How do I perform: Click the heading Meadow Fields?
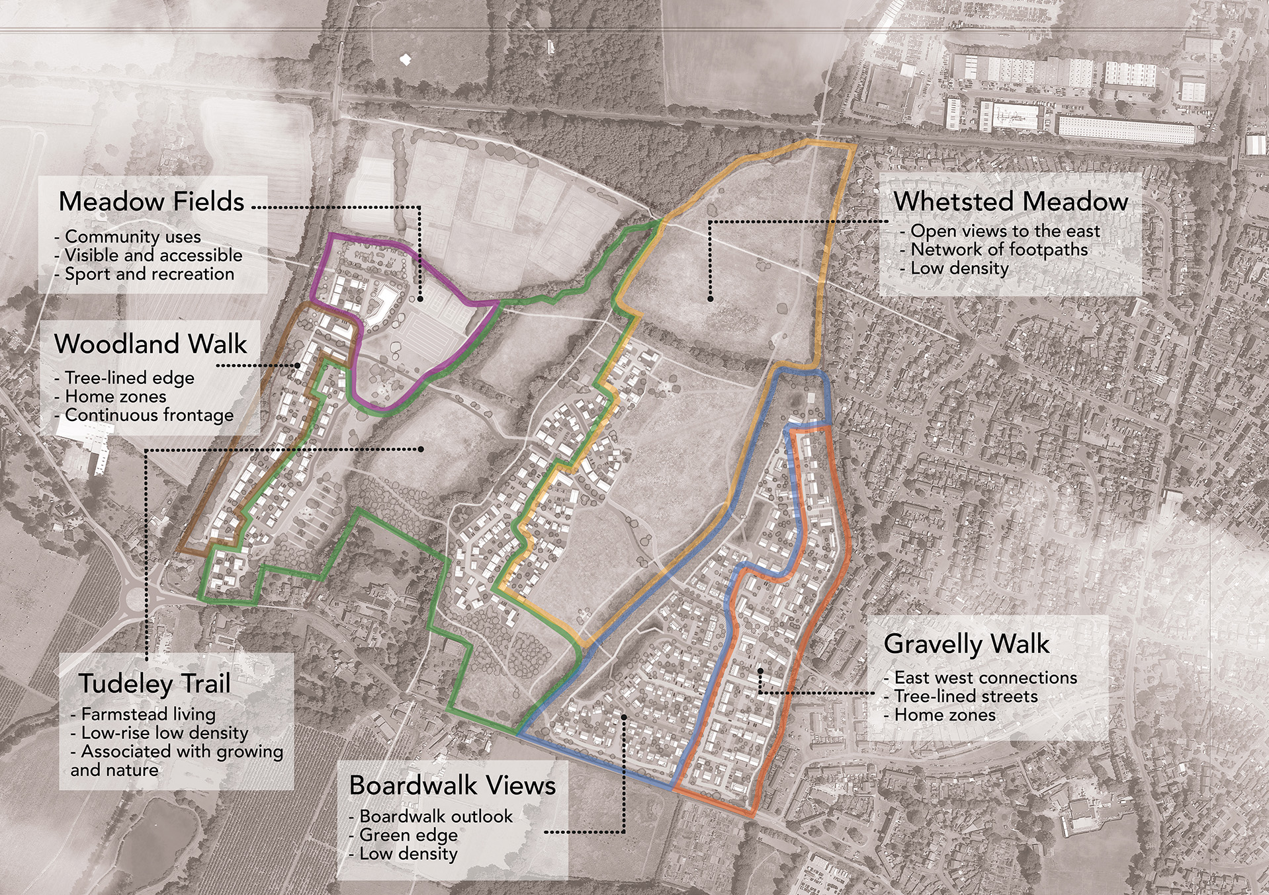click(152, 202)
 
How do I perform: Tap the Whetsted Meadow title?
click(1010, 202)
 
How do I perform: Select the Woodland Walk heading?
click(151, 344)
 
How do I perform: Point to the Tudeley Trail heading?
click(155, 683)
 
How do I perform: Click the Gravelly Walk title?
click(967, 644)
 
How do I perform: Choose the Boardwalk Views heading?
click(453, 785)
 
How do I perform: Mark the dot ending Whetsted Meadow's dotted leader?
click(710, 299)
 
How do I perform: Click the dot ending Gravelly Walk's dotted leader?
click(761, 671)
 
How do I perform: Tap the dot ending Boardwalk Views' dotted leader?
click(624, 717)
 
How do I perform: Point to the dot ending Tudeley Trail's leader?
click(421, 449)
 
